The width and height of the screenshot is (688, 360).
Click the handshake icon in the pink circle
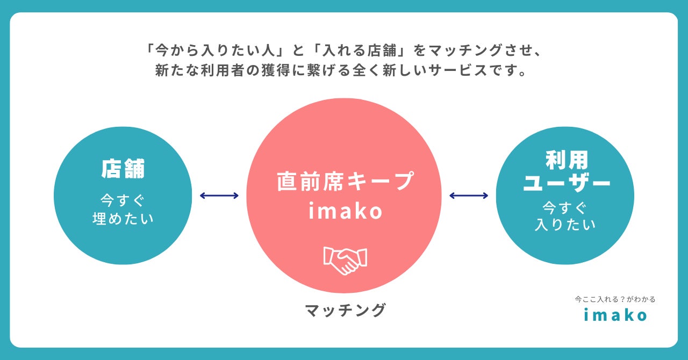coord(345,261)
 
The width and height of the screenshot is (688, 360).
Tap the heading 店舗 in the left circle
coord(123,169)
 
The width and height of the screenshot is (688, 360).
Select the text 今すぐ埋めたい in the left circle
coord(123,210)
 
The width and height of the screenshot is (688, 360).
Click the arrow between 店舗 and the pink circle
coord(219,196)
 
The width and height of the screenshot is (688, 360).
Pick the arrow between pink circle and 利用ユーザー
coord(469,196)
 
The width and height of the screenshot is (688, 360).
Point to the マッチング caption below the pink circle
coord(345,310)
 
